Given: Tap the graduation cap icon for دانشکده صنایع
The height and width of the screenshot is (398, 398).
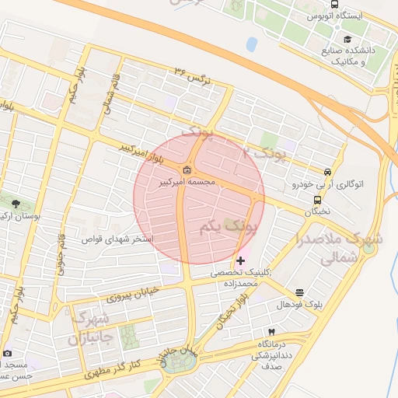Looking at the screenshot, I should coord(347,39).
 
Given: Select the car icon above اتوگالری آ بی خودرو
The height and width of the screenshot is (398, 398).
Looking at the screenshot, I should coord(328,173).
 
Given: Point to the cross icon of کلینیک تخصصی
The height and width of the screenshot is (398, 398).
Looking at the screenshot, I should coord(242,260).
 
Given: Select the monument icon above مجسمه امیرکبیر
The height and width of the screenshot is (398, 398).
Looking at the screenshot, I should coord(187,171).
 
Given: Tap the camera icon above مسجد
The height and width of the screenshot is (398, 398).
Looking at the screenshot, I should coord(8,353).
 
